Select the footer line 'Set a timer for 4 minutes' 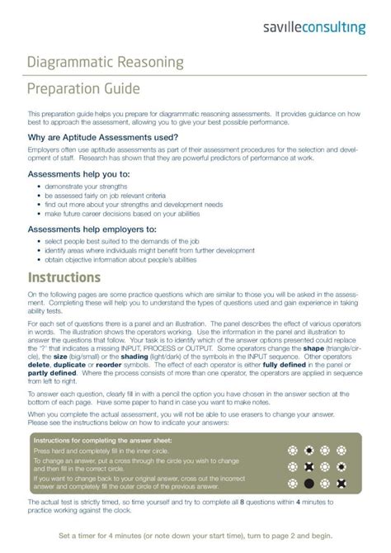[195, 536]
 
